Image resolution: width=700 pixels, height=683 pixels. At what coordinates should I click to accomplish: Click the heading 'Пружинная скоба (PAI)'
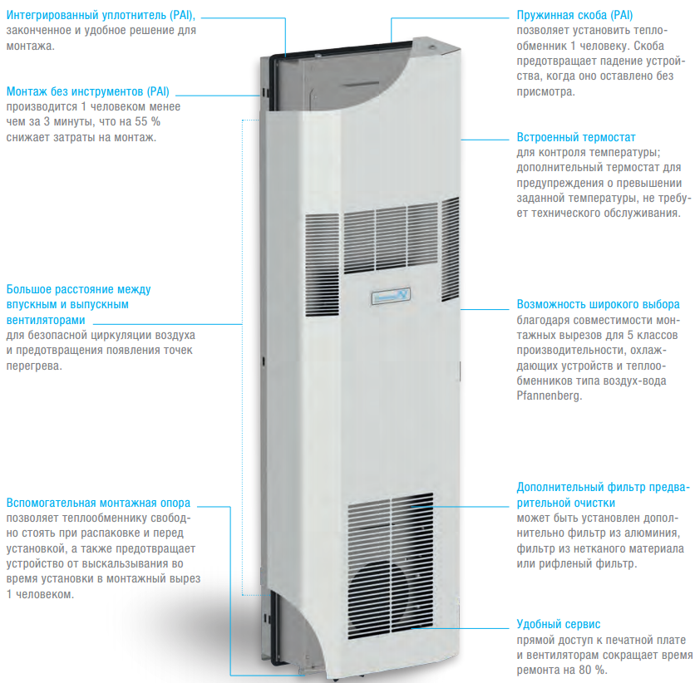coord(574,15)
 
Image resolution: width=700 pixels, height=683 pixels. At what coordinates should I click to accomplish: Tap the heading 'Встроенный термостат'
coord(576,137)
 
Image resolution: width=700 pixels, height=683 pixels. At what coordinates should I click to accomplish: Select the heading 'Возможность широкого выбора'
coord(599,304)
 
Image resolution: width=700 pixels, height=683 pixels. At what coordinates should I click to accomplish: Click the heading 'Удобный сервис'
coord(558,624)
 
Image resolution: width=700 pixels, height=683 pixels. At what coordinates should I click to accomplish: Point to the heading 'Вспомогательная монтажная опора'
coord(98,503)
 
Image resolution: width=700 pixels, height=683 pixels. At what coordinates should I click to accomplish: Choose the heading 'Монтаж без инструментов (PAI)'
coord(88,91)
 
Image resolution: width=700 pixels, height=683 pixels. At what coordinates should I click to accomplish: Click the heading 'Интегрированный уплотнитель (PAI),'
coord(101,15)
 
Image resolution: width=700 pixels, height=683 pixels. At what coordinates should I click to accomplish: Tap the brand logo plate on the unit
coord(391,296)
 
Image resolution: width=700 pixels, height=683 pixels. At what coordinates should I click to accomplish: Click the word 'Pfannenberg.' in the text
coord(549,396)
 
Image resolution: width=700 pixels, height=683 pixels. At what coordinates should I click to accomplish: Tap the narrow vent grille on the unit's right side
coord(450,249)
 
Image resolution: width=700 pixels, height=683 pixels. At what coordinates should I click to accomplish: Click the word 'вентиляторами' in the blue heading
coord(46,320)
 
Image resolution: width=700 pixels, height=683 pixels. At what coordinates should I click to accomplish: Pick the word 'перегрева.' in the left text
coord(34,366)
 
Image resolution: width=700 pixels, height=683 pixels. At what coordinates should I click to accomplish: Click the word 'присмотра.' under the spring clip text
coord(546,92)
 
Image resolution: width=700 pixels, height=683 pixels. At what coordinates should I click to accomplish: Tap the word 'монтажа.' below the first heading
coord(31,46)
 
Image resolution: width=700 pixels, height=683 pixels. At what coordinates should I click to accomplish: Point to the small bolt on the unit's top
coord(431,47)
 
